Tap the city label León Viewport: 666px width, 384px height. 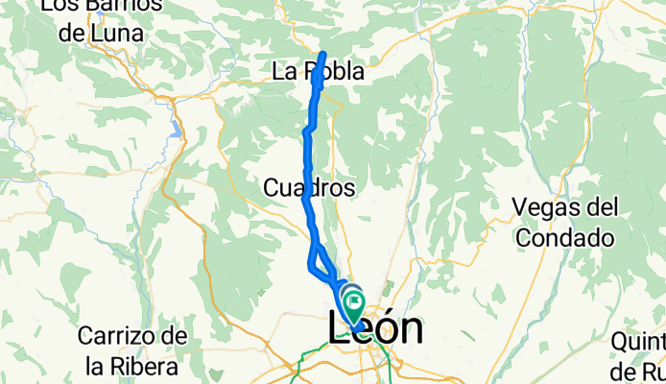(x=375, y=329)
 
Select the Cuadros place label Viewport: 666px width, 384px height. (x=308, y=189)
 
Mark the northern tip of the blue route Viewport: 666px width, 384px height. (x=324, y=54)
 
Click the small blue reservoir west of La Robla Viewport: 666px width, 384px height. (x=177, y=126)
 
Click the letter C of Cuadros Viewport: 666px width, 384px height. (x=269, y=189)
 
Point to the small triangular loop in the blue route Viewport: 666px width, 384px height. (x=319, y=262)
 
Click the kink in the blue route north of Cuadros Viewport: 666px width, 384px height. (x=308, y=129)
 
